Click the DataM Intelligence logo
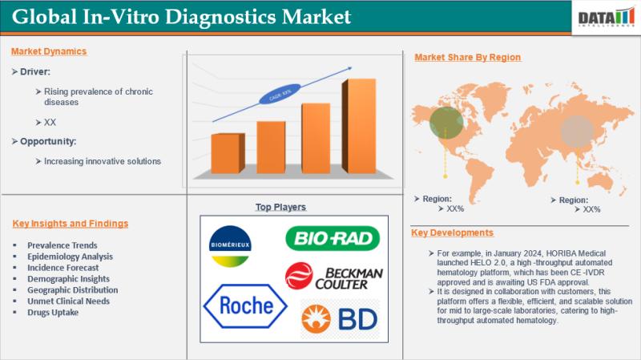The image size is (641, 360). [x=605, y=16]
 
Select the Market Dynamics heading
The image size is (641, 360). [x=49, y=51]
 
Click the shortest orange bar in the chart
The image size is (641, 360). [x=228, y=153]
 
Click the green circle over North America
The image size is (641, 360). [x=445, y=123]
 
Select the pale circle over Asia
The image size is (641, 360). [x=577, y=131]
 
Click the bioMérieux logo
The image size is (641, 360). [x=229, y=245]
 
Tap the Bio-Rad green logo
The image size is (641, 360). [x=333, y=238]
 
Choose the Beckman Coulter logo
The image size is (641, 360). [x=334, y=277]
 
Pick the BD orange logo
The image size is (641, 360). [x=339, y=318]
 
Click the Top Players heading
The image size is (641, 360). [x=280, y=207]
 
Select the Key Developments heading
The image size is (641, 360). [x=452, y=233]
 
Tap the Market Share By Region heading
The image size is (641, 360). [x=467, y=57]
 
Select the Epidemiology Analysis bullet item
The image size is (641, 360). [x=70, y=256]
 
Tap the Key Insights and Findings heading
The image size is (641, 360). [x=70, y=223]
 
